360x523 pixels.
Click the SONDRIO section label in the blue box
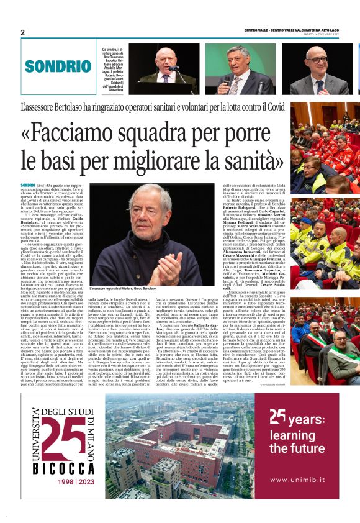[49, 65]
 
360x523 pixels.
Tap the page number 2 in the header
[23, 32]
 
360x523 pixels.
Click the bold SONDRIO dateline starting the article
[28, 186]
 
